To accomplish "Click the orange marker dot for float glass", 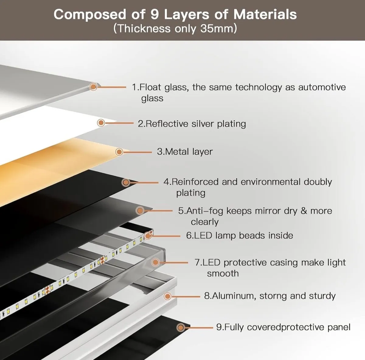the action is click(93, 87).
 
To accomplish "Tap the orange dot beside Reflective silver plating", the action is click(101, 123).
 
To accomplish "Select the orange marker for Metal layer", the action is click(119, 152).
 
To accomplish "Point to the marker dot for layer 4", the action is click(126, 182).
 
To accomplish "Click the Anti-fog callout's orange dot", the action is click(140, 210).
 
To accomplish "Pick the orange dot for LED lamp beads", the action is click(148, 236).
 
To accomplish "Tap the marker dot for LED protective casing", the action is click(155, 263).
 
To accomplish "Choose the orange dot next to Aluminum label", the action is click(168, 296).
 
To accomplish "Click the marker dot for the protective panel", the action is click(181, 328).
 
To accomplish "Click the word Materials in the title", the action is click(265, 15).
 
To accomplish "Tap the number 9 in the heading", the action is click(155, 15).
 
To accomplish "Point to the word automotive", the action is click(322, 87).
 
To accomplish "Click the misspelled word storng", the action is click(273, 296).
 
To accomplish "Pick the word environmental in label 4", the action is click(271, 182).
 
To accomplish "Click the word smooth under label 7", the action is click(223, 274).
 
